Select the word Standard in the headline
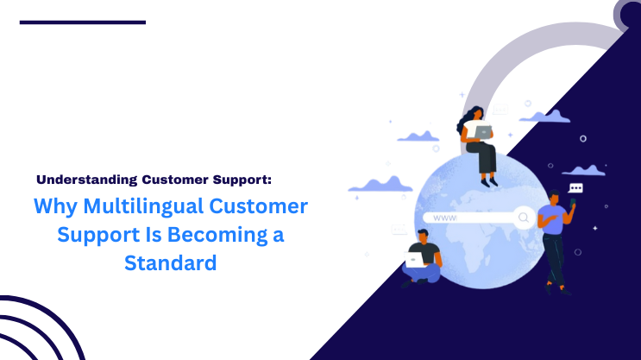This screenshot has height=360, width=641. (x=170, y=262)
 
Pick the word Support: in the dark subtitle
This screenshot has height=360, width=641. (x=239, y=180)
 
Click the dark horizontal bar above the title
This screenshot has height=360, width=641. (x=83, y=22)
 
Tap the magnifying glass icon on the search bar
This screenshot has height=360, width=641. (x=523, y=217)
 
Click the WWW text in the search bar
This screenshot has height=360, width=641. (x=444, y=218)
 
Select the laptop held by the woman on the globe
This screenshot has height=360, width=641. (x=482, y=131)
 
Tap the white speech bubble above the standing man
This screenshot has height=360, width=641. (x=576, y=187)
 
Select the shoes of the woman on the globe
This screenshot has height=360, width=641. (x=489, y=181)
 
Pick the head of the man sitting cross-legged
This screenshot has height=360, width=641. (x=423, y=234)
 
